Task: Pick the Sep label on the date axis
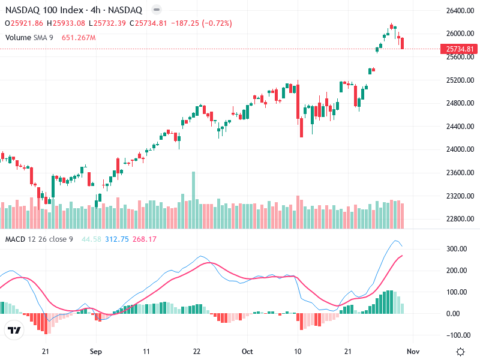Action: click(97, 352)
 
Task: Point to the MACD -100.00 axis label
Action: click(457, 335)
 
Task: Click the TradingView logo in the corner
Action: click(14, 330)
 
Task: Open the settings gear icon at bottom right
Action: click(460, 352)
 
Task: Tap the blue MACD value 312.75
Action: click(117, 239)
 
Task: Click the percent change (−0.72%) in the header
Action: click(213, 23)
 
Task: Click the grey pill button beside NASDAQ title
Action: click(156, 10)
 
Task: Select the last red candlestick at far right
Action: click(403, 43)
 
